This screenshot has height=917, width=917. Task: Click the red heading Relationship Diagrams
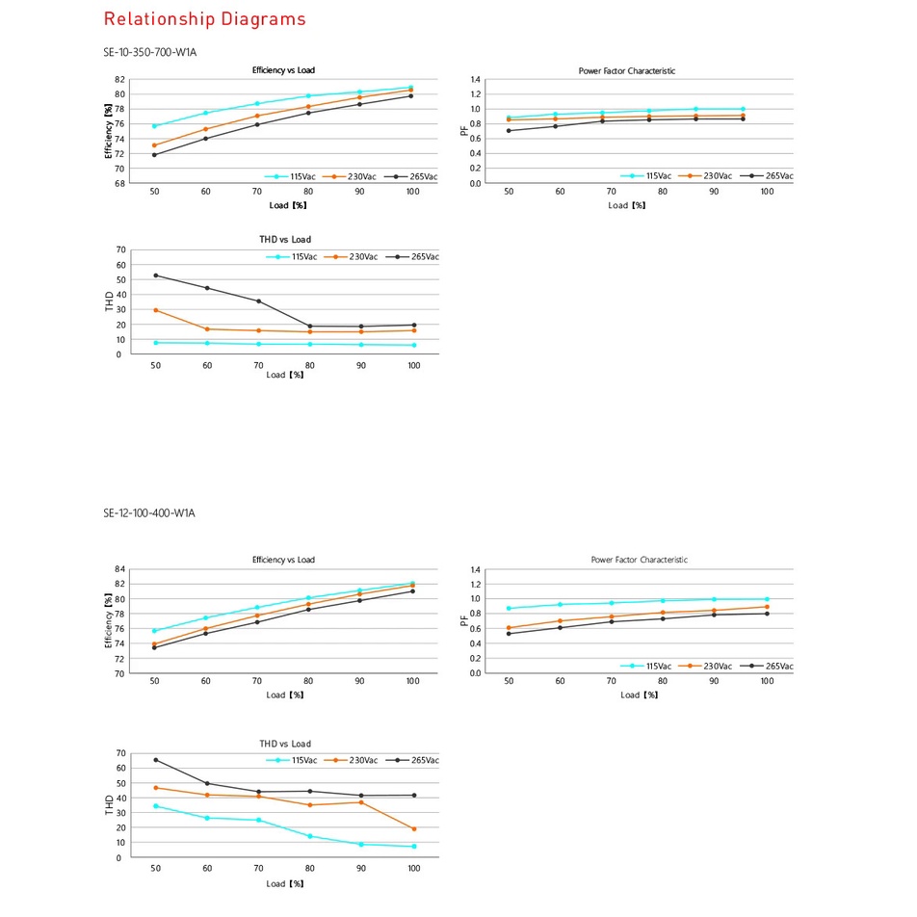point(204,19)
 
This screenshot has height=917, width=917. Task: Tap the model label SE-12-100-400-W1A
point(149,513)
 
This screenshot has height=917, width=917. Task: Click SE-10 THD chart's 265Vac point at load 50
point(155,275)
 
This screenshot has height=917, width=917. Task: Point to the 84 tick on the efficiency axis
point(119,569)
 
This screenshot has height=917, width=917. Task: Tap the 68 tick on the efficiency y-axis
point(119,183)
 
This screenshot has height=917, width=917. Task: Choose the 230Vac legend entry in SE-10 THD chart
point(355,257)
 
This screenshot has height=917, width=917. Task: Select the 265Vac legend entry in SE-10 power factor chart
point(772,176)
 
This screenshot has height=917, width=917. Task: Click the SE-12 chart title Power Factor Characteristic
point(639,560)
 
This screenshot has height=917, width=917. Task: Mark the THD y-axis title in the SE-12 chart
point(109,805)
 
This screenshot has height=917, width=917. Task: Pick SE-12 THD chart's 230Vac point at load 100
point(413,828)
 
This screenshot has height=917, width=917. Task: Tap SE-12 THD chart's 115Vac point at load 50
point(155,805)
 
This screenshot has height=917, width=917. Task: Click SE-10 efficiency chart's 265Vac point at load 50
point(155,154)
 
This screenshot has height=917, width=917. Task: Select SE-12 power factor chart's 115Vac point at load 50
point(509,608)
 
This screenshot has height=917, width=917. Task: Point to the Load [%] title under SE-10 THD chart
point(285,375)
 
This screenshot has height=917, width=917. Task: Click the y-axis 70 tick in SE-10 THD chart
point(120,250)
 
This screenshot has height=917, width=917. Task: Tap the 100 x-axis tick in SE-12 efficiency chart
point(413,682)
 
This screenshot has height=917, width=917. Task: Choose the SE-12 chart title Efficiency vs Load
point(283,560)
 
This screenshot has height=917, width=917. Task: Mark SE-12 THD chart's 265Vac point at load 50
point(155,760)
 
